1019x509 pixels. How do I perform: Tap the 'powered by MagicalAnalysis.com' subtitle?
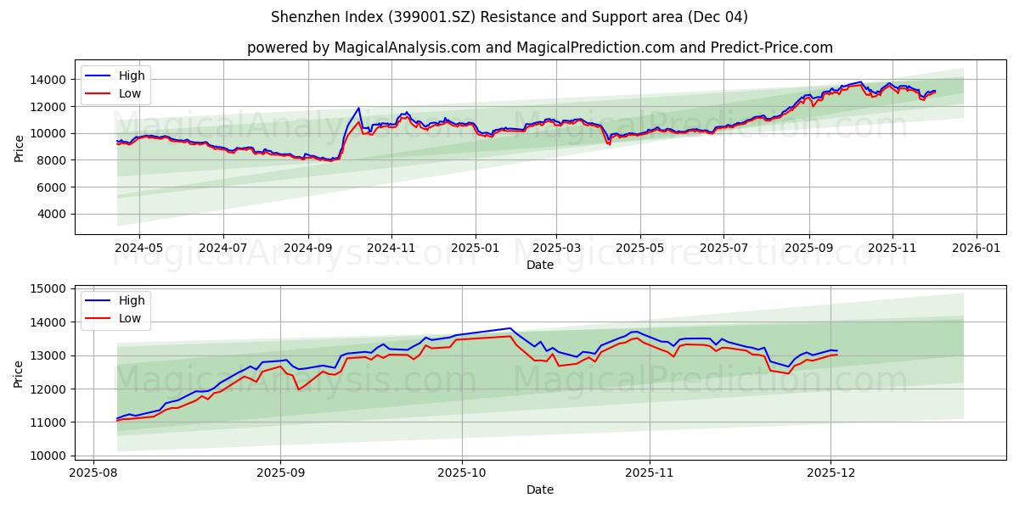tap(540, 48)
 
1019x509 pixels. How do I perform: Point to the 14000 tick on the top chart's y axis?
tap(50, 80)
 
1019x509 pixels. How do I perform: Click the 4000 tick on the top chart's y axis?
tap(53, 214)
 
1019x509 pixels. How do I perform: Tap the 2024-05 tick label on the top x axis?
tap(138, 249)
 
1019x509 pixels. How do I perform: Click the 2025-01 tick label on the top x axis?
tap(475, 249)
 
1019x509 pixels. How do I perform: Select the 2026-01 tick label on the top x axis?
tap(976, 249)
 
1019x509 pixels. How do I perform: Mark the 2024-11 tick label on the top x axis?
tap(391, 249)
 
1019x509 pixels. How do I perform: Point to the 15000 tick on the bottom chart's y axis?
tap(50, 289)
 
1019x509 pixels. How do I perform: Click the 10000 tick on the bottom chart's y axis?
tap(50, 456)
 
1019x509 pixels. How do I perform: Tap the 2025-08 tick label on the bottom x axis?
tap(93, 473)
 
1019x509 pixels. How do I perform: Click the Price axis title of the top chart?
tap(20, 147)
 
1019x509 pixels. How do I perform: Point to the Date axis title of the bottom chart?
tap(540, 489)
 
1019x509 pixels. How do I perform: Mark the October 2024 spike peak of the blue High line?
tap(358, 108)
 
